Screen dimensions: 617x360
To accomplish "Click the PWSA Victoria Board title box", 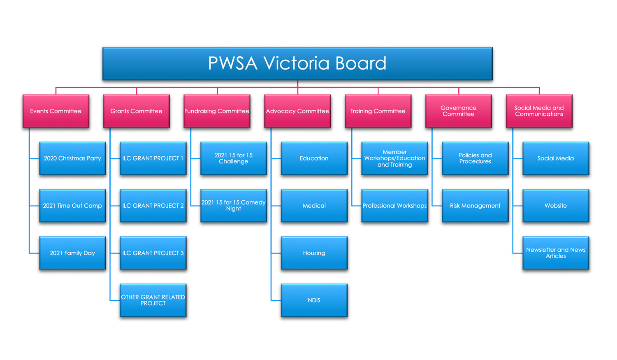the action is coord(297,64).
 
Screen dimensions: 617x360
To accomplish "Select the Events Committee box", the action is coord(56,111).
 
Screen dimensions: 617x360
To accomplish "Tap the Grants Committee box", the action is coord(136,111).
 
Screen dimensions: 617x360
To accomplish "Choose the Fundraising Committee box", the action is coord(217,111).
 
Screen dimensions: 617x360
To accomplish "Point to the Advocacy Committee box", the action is coord(297,111).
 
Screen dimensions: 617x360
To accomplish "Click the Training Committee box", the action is coord(378,111).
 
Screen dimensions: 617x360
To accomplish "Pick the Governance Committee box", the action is coord(459,111).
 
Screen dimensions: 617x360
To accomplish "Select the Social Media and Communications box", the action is coord(539,111).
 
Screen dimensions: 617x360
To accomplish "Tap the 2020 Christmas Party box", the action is coord(72,158).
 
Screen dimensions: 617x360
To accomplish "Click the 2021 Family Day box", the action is coord(72,253).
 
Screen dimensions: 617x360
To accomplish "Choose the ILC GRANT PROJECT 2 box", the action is coord(153,205).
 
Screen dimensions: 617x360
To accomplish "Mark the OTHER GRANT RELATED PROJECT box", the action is coord(153,300).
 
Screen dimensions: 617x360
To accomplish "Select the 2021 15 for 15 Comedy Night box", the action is coord(234,205).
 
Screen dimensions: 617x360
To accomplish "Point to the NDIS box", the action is coord(314,300).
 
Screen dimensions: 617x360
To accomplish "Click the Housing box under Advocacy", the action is coord(314,253).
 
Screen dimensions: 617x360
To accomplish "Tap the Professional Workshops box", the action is coord(395,205).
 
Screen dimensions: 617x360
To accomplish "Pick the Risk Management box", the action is coord(475,205).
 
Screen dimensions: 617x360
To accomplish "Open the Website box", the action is coord(556,205).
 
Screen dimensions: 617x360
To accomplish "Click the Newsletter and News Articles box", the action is coord(556,253).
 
